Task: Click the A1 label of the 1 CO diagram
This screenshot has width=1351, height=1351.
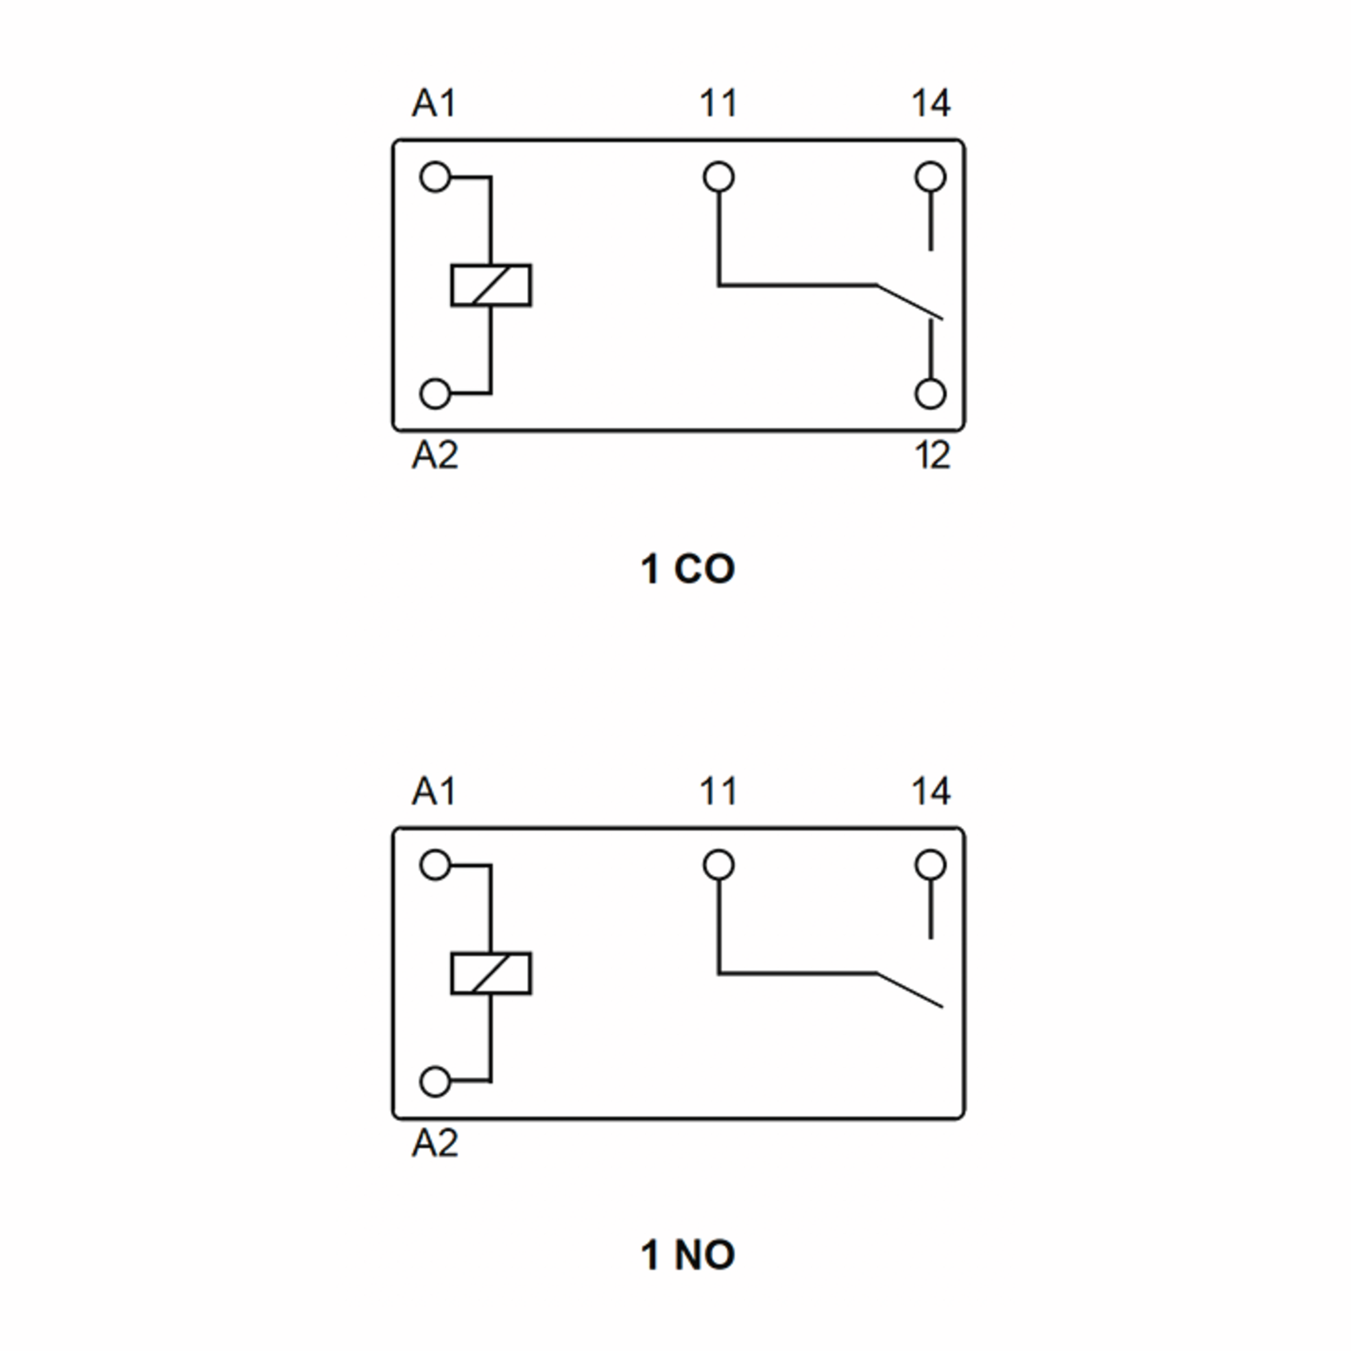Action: click(x=433, y=104)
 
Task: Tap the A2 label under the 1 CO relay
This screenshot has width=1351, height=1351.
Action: click(x=434, y=455)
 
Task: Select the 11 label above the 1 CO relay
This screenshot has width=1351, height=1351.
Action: click(x=718, y=104)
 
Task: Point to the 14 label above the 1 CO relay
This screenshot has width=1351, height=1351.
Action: click(x=931, y=104)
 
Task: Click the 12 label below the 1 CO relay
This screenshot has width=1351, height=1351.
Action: click(x=932, y=455)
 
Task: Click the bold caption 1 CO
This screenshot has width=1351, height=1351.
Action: click(x=687, y=569)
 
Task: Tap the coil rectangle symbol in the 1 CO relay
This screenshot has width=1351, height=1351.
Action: click(x=491, y=285)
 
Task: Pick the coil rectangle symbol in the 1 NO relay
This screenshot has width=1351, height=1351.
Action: click(x=491, y=973)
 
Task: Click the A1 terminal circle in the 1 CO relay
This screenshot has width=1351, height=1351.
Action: click(x=435, y=177)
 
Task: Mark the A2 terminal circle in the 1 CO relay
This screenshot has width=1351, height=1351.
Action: click(x=435, y=393)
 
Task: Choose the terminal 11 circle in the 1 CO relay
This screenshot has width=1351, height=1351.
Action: click(x=719, y=177)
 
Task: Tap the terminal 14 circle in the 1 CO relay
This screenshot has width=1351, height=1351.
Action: click(x=931, y=177)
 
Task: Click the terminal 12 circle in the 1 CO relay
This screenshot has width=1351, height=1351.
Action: click(x=931, y=393)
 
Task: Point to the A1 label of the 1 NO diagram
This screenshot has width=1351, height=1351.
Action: click(x=433, y=791)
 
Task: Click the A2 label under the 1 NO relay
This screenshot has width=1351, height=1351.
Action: click(x=434, y=1143)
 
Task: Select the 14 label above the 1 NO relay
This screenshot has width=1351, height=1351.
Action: click(x=931, y=791)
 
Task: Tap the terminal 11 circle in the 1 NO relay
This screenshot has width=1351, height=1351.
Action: click(x=719, y=865)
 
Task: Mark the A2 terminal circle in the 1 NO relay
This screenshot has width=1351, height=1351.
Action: click(x=435, y=1082)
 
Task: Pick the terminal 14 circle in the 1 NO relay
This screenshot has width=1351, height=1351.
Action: click(x=931, y=865)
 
